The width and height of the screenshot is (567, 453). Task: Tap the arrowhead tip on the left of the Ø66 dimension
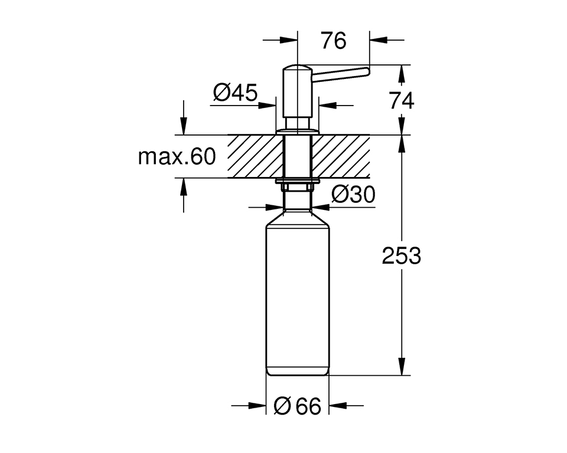pos(266,405)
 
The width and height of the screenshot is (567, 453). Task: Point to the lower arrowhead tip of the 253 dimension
pos(402,375)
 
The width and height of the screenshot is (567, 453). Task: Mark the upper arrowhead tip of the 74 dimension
pos(402,65)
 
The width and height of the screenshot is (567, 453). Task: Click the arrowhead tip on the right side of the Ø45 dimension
pos(319,106)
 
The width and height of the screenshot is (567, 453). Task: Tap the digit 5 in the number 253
pos(402,256)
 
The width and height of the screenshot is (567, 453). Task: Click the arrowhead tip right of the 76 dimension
pos(370,40)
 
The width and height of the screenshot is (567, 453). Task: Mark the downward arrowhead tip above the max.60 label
pos(184,134)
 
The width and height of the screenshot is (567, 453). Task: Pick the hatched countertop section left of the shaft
pos(255,156)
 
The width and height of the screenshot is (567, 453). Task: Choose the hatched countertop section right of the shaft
pos(340,156)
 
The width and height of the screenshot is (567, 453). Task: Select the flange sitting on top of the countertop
pos(297,131)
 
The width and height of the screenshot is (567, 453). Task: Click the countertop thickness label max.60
pos(177,157)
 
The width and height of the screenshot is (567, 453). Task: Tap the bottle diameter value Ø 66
pos(297,406)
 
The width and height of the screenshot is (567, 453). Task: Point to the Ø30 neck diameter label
pos(353,195)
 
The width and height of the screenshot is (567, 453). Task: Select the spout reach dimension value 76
pos(333,40)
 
